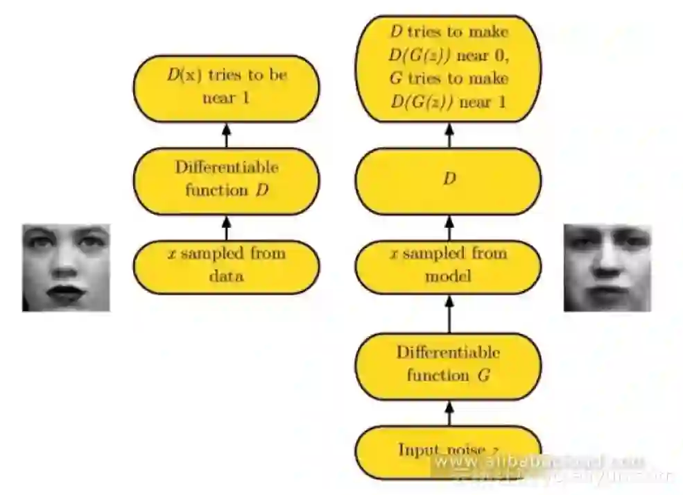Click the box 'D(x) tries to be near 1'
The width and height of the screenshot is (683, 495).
(x=226, y=87)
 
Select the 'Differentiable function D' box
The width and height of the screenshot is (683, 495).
(x=226, y=178)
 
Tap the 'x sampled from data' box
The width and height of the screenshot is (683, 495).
(x=226, y=265)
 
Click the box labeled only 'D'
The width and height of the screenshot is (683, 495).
(x=449, y=179)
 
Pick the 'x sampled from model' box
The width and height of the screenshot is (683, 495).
(x=449, y=265)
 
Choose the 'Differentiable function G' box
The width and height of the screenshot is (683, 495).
(x=449, y=364)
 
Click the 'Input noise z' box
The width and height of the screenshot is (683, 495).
(x=449, y=451)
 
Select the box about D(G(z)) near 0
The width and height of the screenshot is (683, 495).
(x=449, y=68)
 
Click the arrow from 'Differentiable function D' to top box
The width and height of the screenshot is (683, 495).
(x=226, y=135)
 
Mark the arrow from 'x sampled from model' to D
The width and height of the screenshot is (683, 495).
(x=449, y=226)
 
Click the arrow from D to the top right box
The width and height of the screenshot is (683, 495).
(x=449, y=135)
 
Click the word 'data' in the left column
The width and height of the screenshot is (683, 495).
(x=226, y=276)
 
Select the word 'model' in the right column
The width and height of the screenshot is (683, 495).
(x=449, y=276)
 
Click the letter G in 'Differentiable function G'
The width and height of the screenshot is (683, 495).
(x=483, y=376)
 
